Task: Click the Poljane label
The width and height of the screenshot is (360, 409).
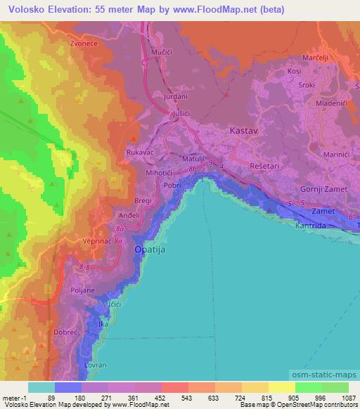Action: [x=82, y=290]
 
